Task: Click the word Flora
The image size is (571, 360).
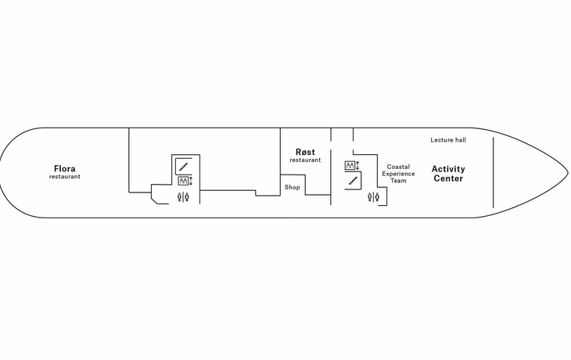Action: tap(65, 169)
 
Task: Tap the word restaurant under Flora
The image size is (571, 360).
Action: tap(65, 177)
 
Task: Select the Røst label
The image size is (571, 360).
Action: tap(305, 152)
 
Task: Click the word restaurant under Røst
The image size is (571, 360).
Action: tap(305, 160)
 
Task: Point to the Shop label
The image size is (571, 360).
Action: tap(293, 187)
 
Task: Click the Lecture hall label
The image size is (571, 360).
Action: tap(448, 140)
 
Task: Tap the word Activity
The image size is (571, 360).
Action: tap(448, 169)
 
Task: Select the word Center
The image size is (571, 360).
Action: tap(448, 178)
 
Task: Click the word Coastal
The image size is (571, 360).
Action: tap(398, 167)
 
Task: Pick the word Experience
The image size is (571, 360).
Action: tap(398, 174)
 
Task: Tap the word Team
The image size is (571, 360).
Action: tap(398, 181)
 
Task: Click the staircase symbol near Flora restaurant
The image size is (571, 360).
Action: tap(183, 167)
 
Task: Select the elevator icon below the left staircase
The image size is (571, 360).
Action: tap(183, 181)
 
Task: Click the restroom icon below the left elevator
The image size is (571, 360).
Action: tap(183, 197)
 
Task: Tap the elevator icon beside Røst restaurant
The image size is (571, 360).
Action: tap(350, 165)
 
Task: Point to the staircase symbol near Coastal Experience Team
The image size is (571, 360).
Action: tap(353, 181)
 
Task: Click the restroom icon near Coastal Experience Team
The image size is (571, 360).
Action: tap(373, 197)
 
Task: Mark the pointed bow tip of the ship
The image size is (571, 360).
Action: tap(568, 172)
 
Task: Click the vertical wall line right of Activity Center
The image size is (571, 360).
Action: tap(494, 173)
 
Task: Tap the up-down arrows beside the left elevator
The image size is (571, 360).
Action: tap(190, 181)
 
